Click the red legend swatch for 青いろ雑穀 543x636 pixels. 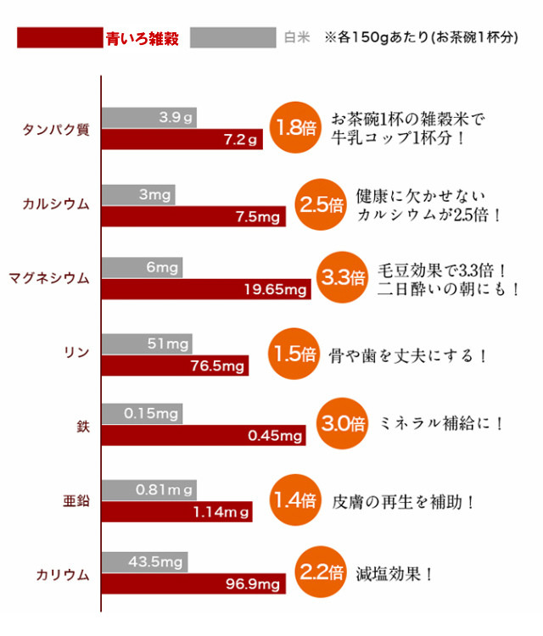[x=60, y=38]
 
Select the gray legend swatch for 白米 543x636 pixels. [x=232, y=38]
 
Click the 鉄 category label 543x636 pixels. [x=83, y=426]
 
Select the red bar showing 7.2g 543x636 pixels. [x=182, y=139]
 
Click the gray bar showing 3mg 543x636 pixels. [x=140, y=194]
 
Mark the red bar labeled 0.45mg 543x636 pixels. [x=204, y=436]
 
